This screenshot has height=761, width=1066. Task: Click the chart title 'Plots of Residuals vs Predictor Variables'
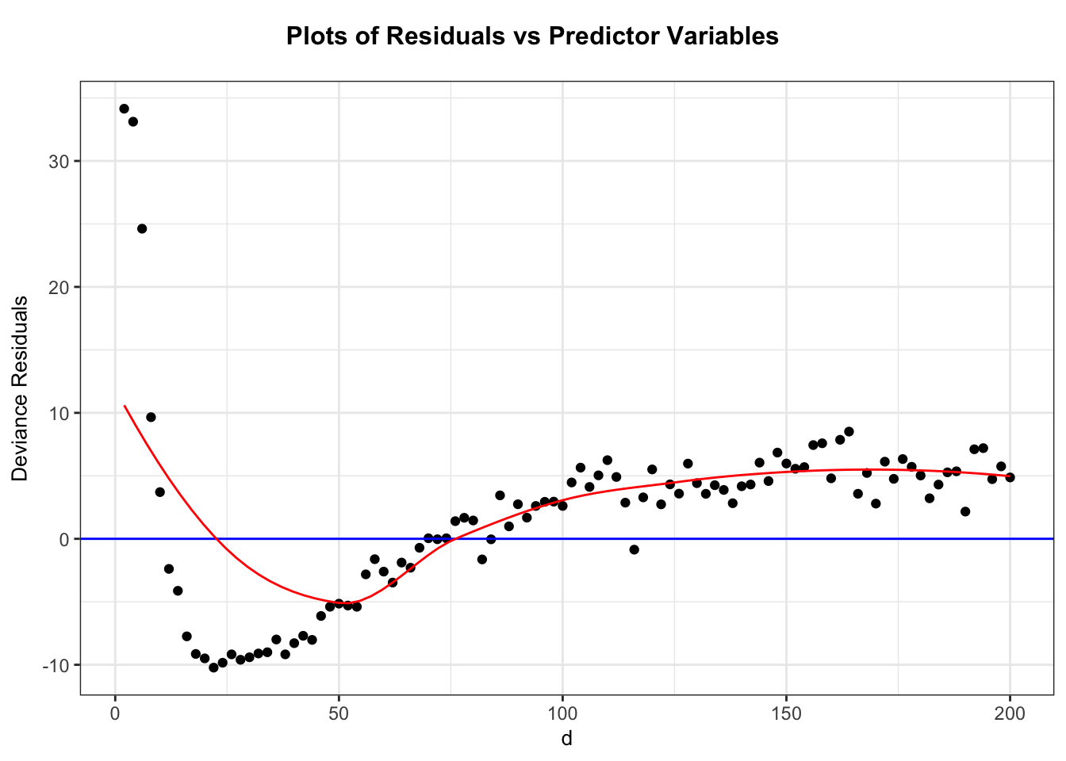[532, 36]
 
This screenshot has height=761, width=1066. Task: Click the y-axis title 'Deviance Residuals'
[21, 388]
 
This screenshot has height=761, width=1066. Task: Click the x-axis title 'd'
[566, 740]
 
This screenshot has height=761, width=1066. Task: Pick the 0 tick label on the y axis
[65, 539]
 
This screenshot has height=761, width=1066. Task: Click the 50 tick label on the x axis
[339, 715]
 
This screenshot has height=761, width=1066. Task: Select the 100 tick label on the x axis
[562, 715]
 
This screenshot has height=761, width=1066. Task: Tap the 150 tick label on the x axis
[786, 715]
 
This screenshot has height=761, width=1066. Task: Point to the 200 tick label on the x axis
[1010, 715]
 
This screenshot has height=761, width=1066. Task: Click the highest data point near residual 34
[124, 109]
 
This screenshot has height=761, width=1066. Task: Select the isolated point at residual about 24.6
[142, 228]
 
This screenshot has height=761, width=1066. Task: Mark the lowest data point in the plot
[213, 667]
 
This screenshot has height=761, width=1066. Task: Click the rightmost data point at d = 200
[1010, 477]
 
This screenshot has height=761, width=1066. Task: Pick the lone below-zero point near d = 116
[634, 549]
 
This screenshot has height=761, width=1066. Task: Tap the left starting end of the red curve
[125, 406]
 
